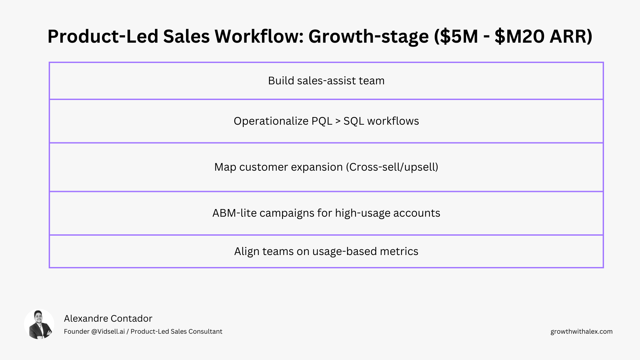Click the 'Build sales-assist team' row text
[326, 81]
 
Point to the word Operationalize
[271, 121]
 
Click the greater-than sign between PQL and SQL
[338, 121]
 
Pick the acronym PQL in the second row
[322, 121]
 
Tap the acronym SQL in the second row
[354, 121]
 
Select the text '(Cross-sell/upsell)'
[392, 167]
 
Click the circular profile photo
[39, 324]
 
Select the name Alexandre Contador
[108, 319]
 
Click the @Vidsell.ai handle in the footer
[108, 332]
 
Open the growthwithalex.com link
[581, 332]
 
